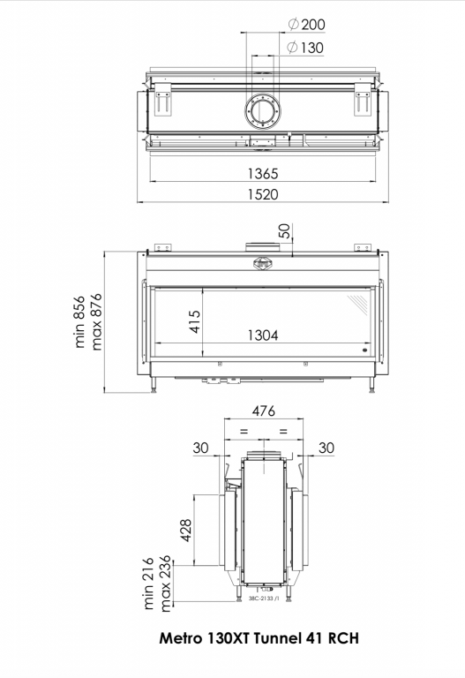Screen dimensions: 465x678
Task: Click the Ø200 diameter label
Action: pos(306,24)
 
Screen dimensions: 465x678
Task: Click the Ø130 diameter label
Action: pos(305,47)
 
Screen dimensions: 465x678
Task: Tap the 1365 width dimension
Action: pos(263,174)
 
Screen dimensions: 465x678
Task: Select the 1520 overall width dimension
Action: pos(263,194)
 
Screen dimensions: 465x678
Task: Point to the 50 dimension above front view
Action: pos(284,231)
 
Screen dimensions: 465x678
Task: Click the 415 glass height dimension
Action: pos(195,321)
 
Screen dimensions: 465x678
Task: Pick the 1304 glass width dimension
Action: pos(263,335)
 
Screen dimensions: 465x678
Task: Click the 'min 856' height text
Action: pos(79,321)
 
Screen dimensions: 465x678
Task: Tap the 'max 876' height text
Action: pos(96,321)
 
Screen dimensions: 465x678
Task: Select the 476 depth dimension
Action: pos(263,411)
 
